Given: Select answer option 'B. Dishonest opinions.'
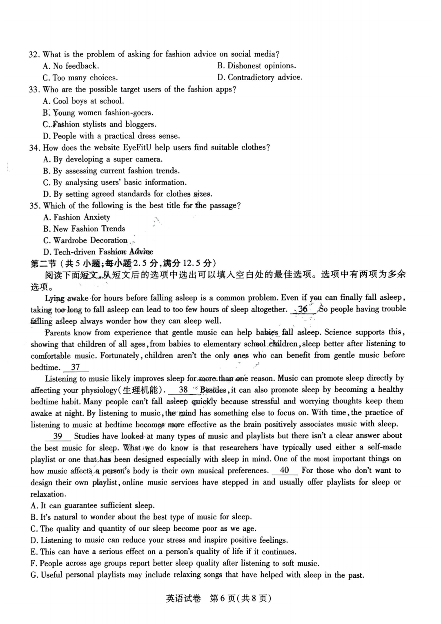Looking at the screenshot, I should coord(256,66).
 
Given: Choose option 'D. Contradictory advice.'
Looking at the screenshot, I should coord(260,77).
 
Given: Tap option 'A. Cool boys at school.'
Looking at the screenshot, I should coord(83,101).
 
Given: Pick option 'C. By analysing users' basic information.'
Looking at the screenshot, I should coord(115,182).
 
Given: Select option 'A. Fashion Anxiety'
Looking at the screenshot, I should coord(77,217).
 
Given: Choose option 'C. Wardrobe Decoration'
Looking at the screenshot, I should coord(85,240).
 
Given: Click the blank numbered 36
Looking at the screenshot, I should coord(303,309).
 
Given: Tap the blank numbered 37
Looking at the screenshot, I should coord(76,367).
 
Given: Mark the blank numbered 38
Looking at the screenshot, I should coord(183,390).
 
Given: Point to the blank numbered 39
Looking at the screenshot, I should coord(58,436).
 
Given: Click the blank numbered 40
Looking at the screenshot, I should coord(285,470).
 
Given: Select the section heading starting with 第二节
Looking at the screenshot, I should coord(123,263).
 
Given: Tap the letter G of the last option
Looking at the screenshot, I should coord(34,575).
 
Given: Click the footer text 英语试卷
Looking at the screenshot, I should coord(183,599).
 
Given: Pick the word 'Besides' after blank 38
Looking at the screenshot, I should coord(213,390).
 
